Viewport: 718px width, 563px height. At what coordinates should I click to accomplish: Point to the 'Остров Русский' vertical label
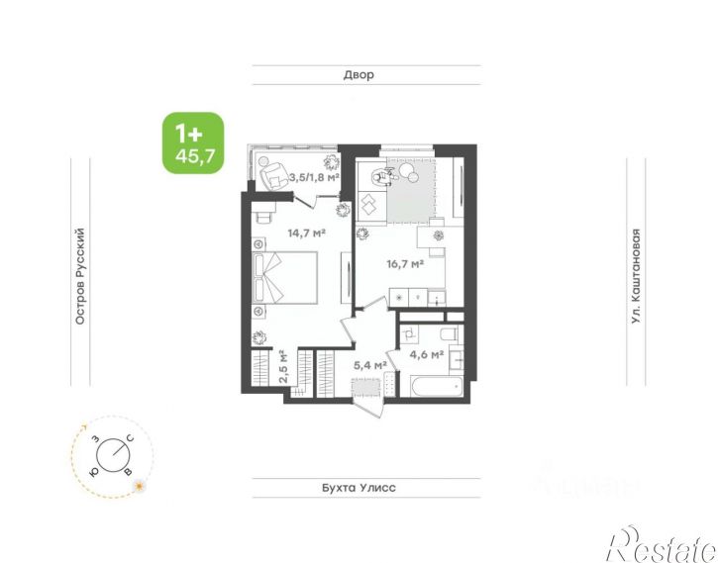pyautogui.click(x=80, y=277)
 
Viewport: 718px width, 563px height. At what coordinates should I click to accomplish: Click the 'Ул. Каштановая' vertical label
pyautogui.click(x=636, y=277)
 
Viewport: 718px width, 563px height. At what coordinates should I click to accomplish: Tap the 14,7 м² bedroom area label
pyautogui.click(x=306, y=234)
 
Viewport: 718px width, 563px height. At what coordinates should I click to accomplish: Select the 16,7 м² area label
pyautogui.click(x=404, y=264)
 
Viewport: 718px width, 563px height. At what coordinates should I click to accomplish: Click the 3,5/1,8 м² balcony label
pyautogui.click(x=314, y=178)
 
